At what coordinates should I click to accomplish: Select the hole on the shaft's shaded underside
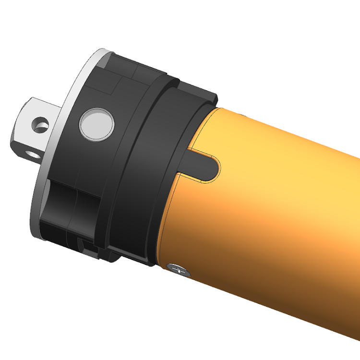[33, 155]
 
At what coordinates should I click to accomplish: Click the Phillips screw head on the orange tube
[178, 270]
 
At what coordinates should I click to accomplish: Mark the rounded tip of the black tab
[217, 166]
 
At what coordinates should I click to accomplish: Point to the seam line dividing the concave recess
[76, 202]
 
